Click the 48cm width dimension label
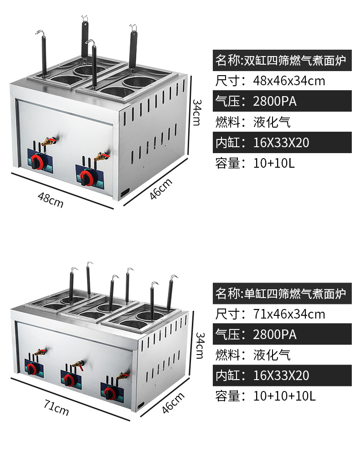[51, 200]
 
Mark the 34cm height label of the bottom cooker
[199, 345]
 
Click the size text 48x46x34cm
[289, 81]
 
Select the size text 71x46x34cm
[289, 314]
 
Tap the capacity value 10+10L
[274, 163]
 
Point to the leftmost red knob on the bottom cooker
[32, 368]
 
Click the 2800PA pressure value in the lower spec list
[275, 334]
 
